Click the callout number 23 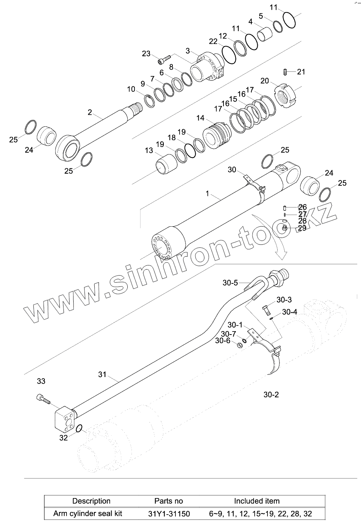(146, 54)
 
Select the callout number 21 (301, 72)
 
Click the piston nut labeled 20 (286, 94)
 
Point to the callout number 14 (200, 118)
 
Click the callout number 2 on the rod (90, 112)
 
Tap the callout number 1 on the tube (207, 194)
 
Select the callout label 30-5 (230, 283)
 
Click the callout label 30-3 (284, 300)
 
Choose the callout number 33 (41, 381)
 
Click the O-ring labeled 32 (79, 429)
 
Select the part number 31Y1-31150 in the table (169, 513)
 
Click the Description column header (91, 501)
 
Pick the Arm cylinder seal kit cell (88, 513)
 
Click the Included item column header (257, 501)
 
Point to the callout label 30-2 (271, 395)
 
